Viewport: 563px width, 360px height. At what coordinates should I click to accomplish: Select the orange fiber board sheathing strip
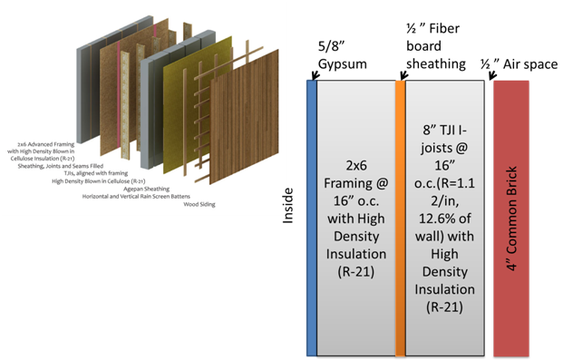(400, 218)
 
